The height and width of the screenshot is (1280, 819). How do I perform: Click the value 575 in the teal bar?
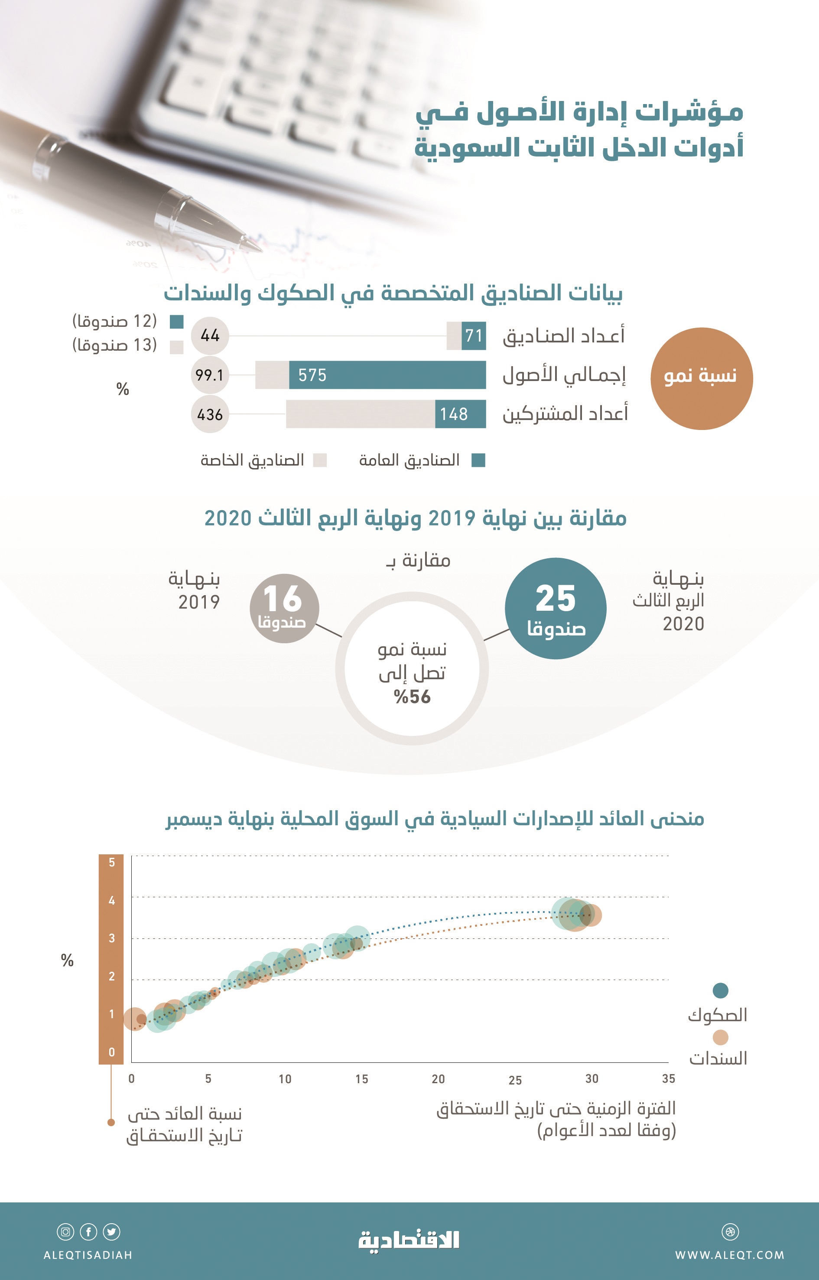tap(312, 375)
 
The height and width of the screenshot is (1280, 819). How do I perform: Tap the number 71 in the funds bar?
tap(473, 335)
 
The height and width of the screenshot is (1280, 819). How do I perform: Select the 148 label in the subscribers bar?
tap(454, 414)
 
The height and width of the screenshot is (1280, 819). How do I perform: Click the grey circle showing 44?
tap(210, 335)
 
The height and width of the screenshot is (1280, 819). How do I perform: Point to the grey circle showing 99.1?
tap(210, 375)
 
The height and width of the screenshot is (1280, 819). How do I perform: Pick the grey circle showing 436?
tap(210, 414)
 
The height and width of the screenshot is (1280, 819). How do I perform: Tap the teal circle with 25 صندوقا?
tap(555, 608)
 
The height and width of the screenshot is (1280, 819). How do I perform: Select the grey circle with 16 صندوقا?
tap(284, 608)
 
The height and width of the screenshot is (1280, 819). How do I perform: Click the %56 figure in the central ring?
tap(412, 697)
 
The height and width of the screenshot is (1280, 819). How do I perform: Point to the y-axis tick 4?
tap(112, 900)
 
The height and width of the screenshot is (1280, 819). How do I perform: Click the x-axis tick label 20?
tap(438, 1079)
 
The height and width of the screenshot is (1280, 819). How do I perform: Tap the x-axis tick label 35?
tap(669, 1078)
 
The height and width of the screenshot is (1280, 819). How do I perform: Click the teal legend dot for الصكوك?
tap(720, 990)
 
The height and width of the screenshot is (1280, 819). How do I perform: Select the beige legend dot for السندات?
tap(720, 1037)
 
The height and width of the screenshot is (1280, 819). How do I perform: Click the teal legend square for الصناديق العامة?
tap(479, 460)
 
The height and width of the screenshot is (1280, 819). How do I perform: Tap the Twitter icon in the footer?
tap(112, 1231)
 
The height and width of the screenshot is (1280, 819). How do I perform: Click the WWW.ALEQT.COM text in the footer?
tap(730, 1255)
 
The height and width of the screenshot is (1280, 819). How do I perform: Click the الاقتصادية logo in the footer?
tap(409, 1241)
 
